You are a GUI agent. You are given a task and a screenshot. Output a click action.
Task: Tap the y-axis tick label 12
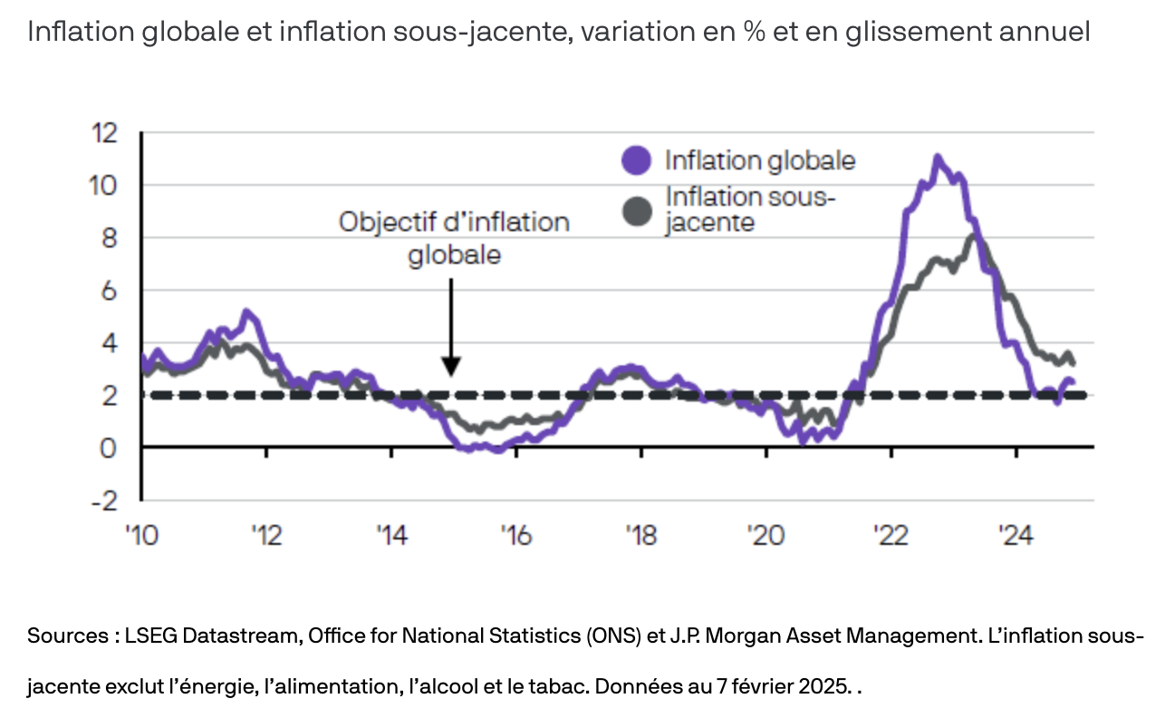[x=104, y=133]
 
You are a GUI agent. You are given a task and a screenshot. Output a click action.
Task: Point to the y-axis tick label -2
[x=106, y=500]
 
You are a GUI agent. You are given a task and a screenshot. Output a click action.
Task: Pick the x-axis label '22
[x=891, y=536]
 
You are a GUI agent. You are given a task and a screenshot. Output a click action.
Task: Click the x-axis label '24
[x=1016, y=536]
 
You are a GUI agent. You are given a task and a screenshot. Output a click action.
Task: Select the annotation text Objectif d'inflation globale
[x=454, y=238]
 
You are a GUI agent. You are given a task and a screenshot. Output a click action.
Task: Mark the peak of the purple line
[x=938, y=158]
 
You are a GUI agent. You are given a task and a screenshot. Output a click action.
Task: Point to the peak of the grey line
[x=973, y=237]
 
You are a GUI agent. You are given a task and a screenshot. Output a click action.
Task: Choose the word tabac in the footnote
[x=559, y=686]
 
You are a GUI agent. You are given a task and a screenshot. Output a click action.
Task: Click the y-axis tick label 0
[x=111, y=448]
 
